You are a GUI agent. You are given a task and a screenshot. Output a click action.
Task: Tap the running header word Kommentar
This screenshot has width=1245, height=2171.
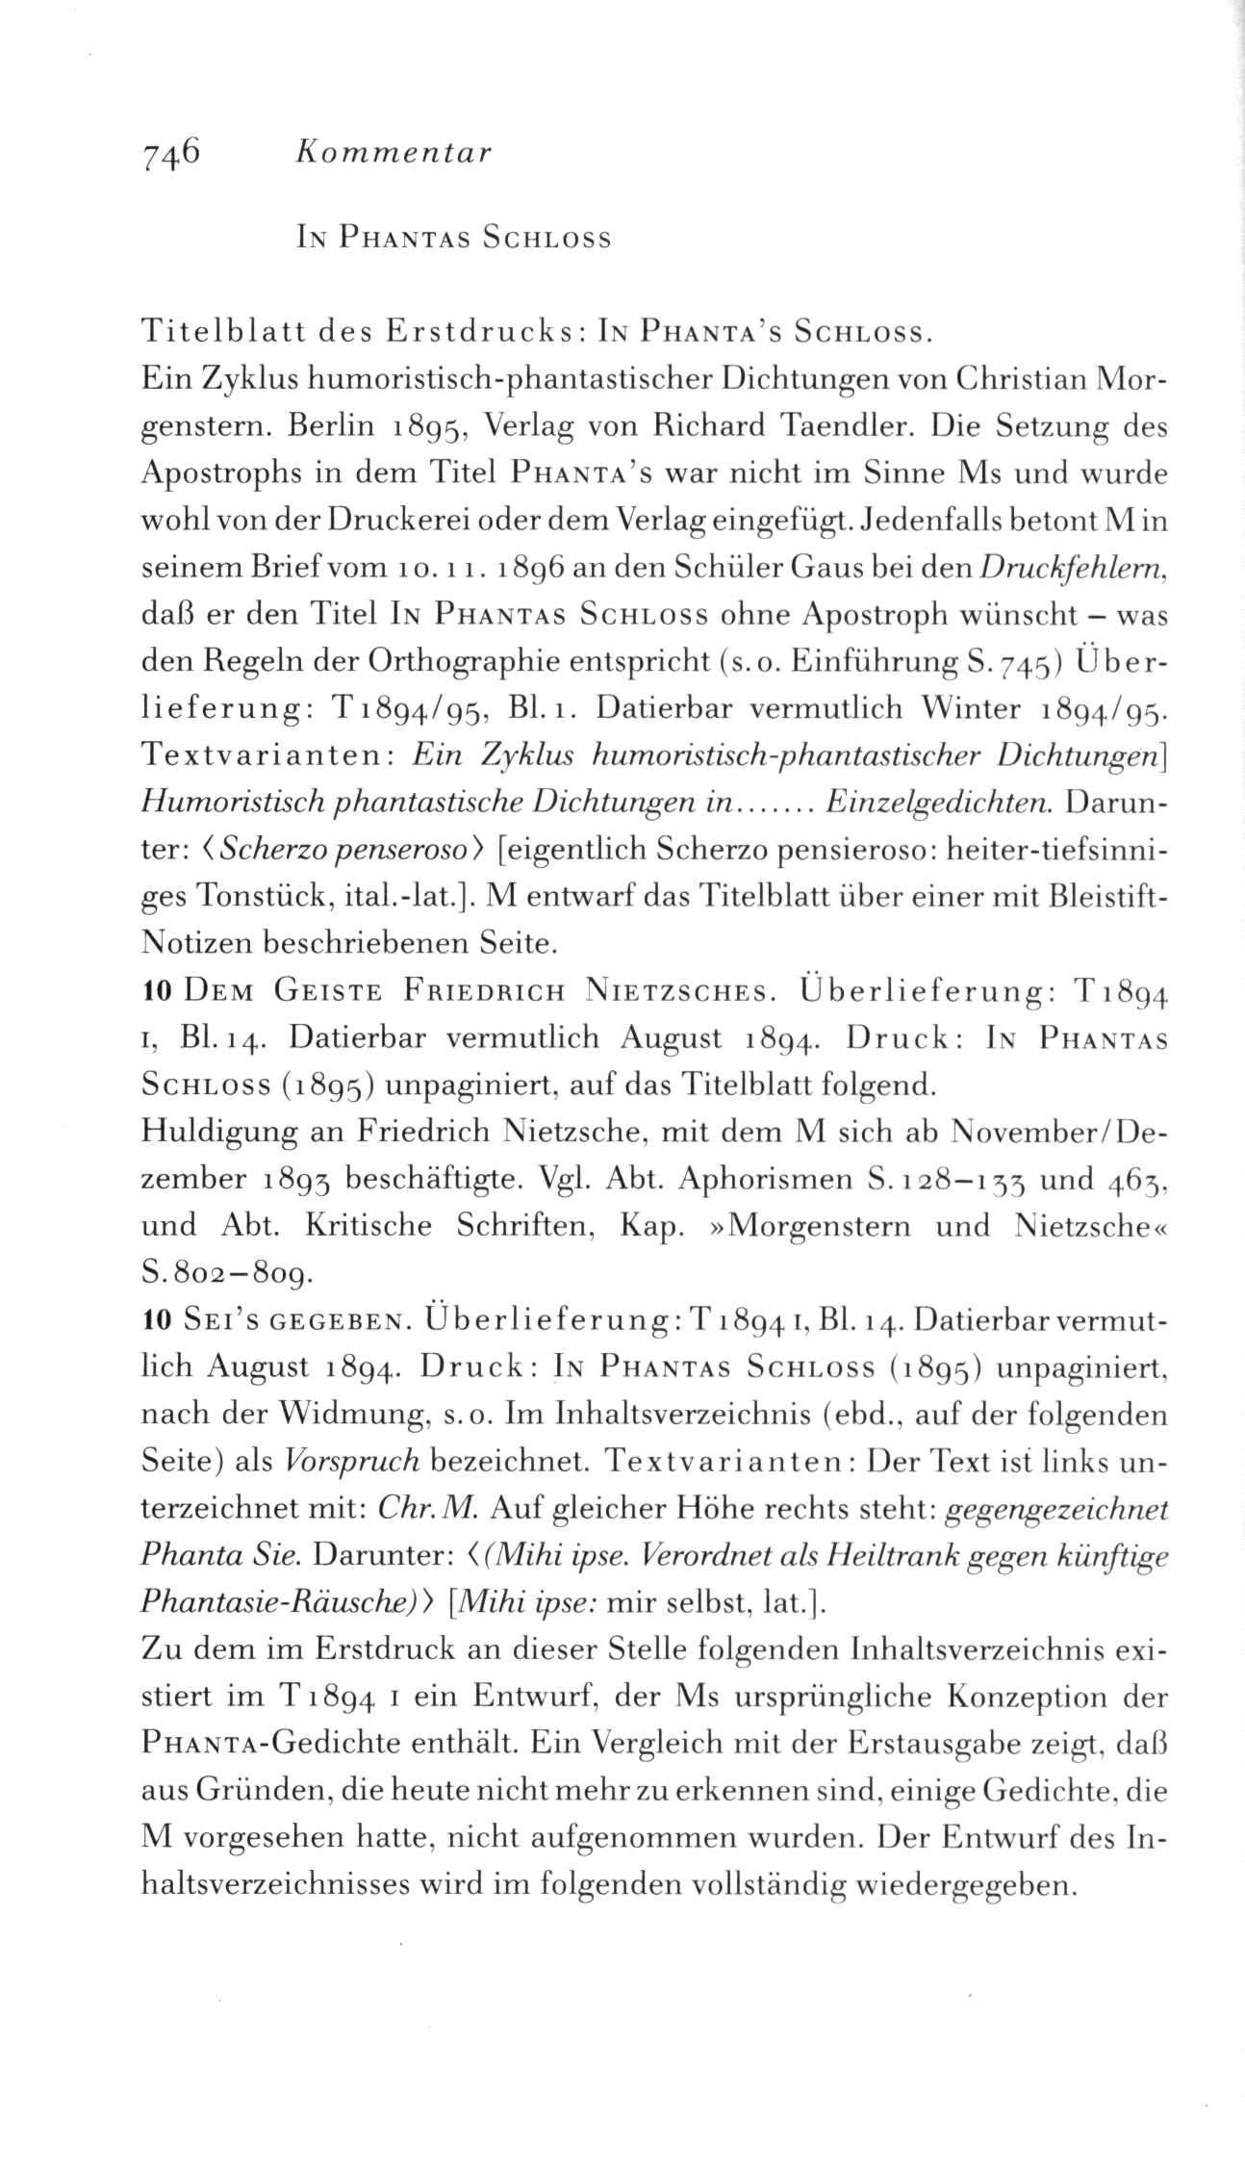coord(394,153)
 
